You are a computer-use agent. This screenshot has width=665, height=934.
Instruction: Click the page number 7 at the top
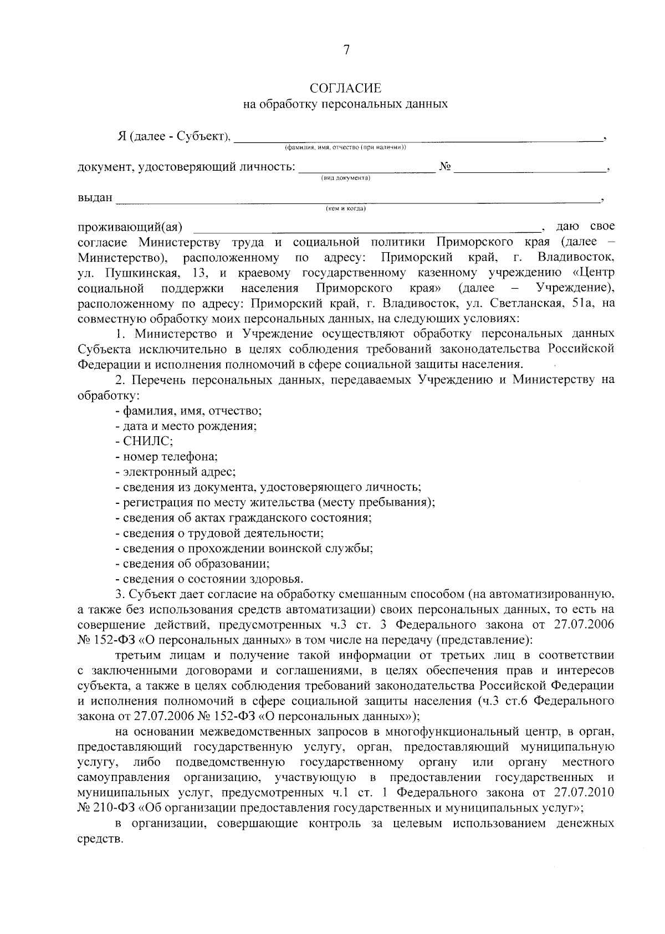(346, 50)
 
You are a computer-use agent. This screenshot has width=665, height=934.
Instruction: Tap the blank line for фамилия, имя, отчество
(418, 139)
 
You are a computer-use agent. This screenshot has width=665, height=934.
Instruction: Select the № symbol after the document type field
(444, 167)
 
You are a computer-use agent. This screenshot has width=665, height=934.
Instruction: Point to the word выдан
(95, 198)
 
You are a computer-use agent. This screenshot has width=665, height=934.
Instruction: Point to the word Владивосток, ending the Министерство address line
(575, 258)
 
